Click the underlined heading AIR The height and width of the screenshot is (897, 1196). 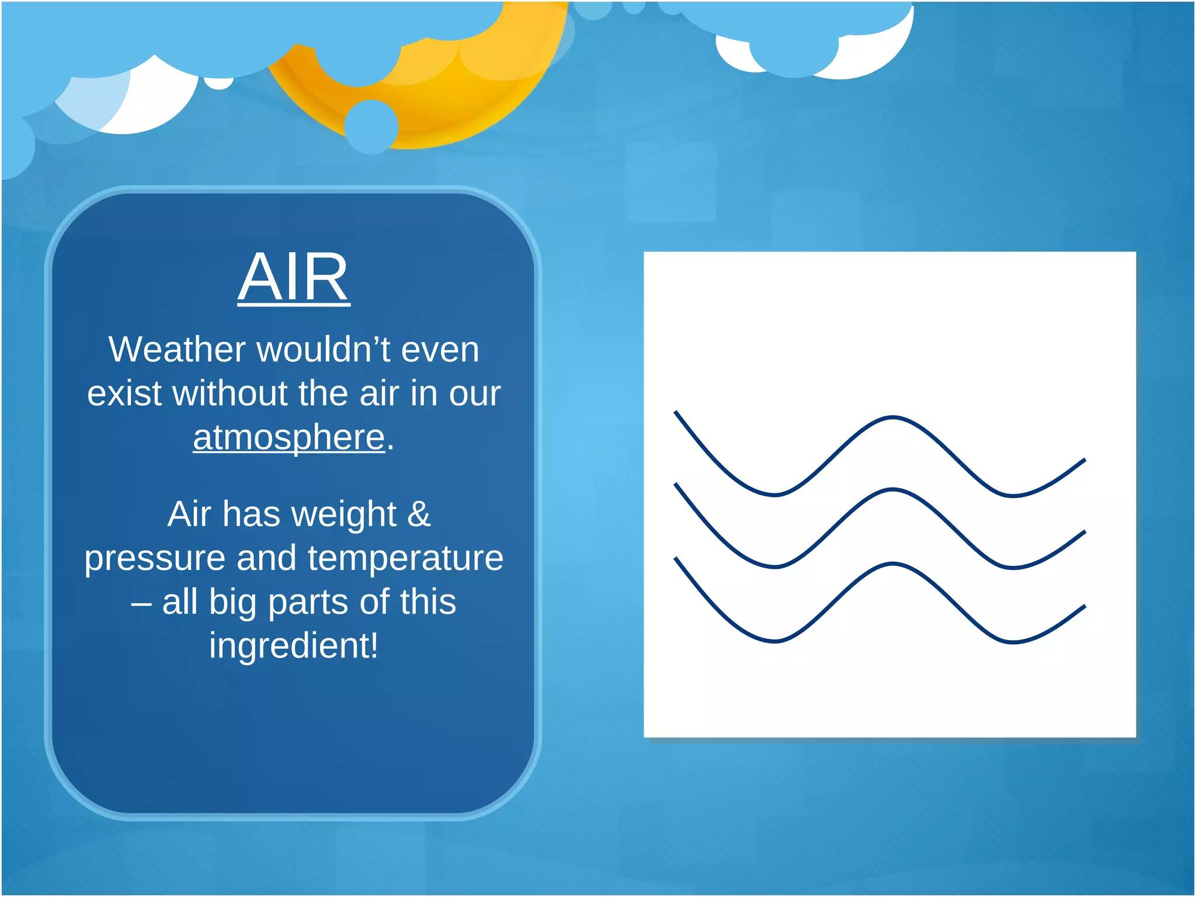click(294, 277)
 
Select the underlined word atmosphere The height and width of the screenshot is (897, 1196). click(289, 437)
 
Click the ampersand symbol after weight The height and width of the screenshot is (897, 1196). click(419, 514)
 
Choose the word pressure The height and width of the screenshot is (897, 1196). click(155, 558)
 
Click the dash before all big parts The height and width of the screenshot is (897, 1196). click(141, 603)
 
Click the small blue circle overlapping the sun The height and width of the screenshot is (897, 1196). click(371, 126)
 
